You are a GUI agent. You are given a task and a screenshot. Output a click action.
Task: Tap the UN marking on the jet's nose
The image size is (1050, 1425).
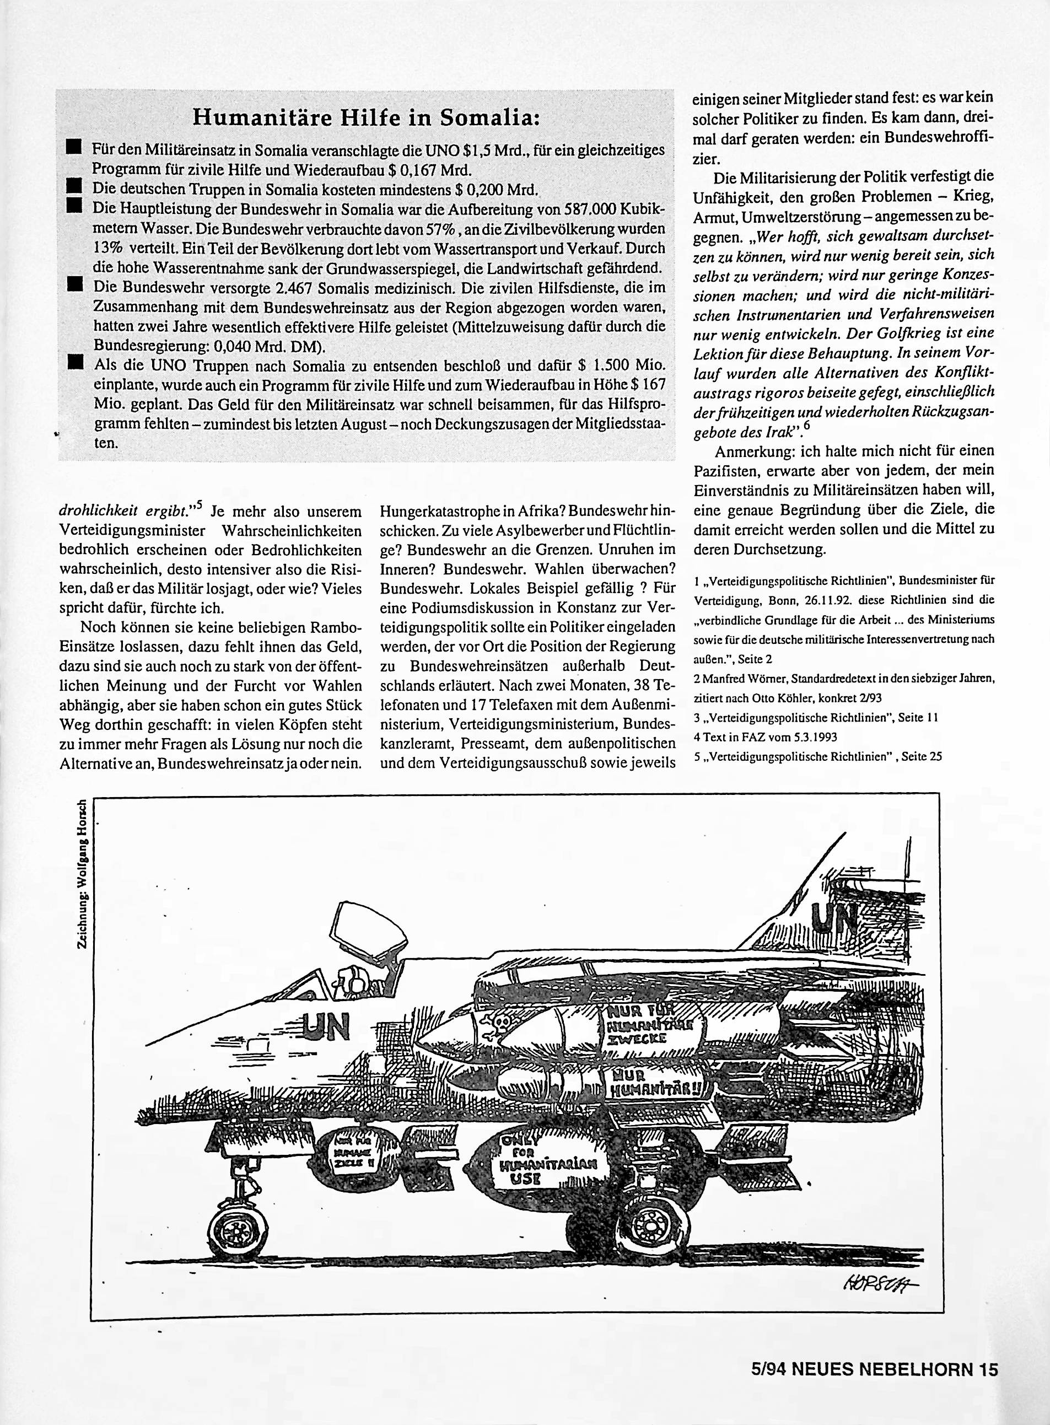328,1026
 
